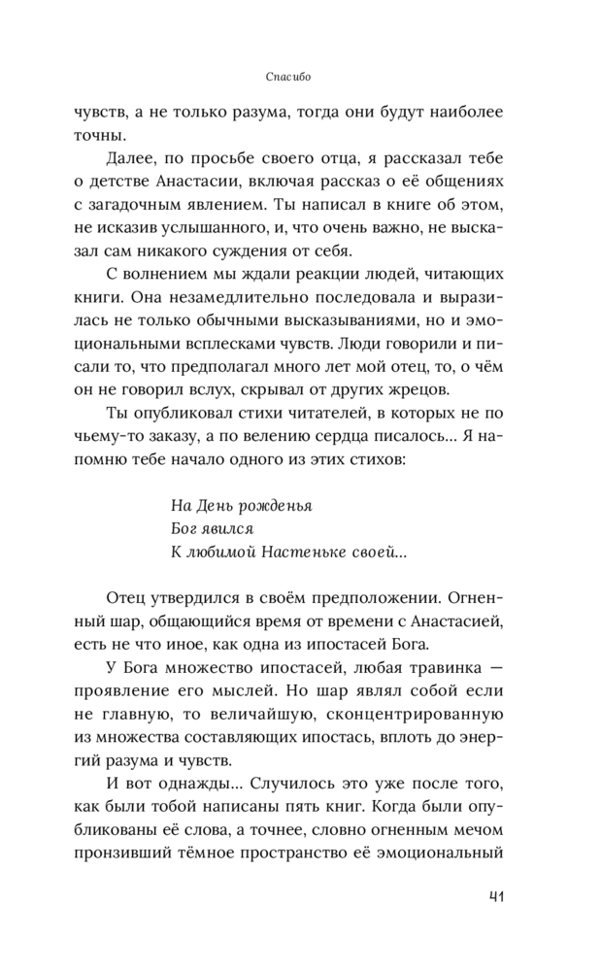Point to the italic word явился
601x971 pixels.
pyautogui.click(x=226, y=529)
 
